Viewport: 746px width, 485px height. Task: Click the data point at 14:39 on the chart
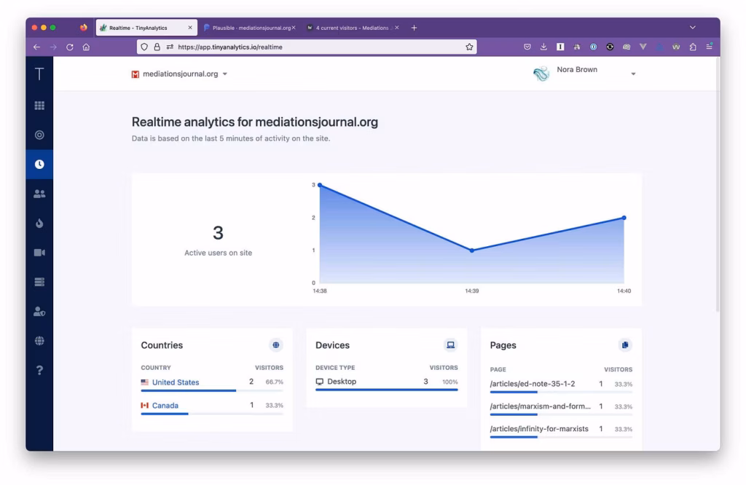(472, 251)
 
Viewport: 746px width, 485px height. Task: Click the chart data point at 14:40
(624, 218)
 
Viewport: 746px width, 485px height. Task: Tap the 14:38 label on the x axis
(320, 291)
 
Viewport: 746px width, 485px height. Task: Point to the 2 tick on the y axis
(313, 218)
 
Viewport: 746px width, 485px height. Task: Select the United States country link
(176, 382)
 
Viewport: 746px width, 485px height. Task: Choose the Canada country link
(165, 406)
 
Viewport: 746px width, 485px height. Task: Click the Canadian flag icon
(145, 406)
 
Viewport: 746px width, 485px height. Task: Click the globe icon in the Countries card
(275, 345)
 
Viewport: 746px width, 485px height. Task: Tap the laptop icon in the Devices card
(450, 345)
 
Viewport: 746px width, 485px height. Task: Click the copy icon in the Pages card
(624, 345)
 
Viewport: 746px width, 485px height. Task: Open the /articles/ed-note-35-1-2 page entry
(533, 384)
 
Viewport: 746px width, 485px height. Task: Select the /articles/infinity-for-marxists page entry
(539, 429)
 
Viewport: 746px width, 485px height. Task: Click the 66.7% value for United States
(274, 382)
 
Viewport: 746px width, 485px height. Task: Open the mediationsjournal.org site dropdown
(180, 74)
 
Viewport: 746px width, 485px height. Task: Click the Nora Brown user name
(577, 70)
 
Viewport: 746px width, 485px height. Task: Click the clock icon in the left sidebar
(39, 165)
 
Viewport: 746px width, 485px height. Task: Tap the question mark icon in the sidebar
(39, 370)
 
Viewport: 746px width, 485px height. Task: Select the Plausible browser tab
(248, 28)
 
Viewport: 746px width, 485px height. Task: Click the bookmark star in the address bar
(469, 47)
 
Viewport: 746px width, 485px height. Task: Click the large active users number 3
(218, 233)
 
